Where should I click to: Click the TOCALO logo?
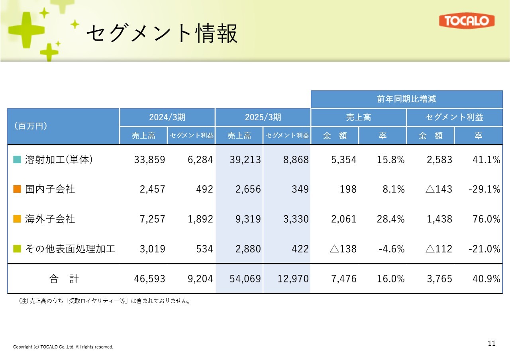(467, 21)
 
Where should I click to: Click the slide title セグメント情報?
(162, 33)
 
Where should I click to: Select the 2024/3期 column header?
(167, 117)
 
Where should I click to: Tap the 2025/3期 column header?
(263, 117)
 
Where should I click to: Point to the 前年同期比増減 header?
(406, 99)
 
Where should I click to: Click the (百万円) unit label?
(31, 126)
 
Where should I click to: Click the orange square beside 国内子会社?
(17, 189)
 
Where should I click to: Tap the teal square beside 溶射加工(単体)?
(17, 160)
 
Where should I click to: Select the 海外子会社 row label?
(50, 219)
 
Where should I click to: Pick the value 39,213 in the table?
(245, 160)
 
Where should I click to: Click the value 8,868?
(293, 160)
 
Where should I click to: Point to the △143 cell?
(439, 189)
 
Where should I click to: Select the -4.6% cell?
(391, 249)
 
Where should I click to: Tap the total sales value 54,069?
(245, 279)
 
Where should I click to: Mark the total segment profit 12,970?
(293, 279)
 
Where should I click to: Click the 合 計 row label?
(64, 279)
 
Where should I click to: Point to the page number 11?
(492, 344)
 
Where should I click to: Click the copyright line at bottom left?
(63, 347)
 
